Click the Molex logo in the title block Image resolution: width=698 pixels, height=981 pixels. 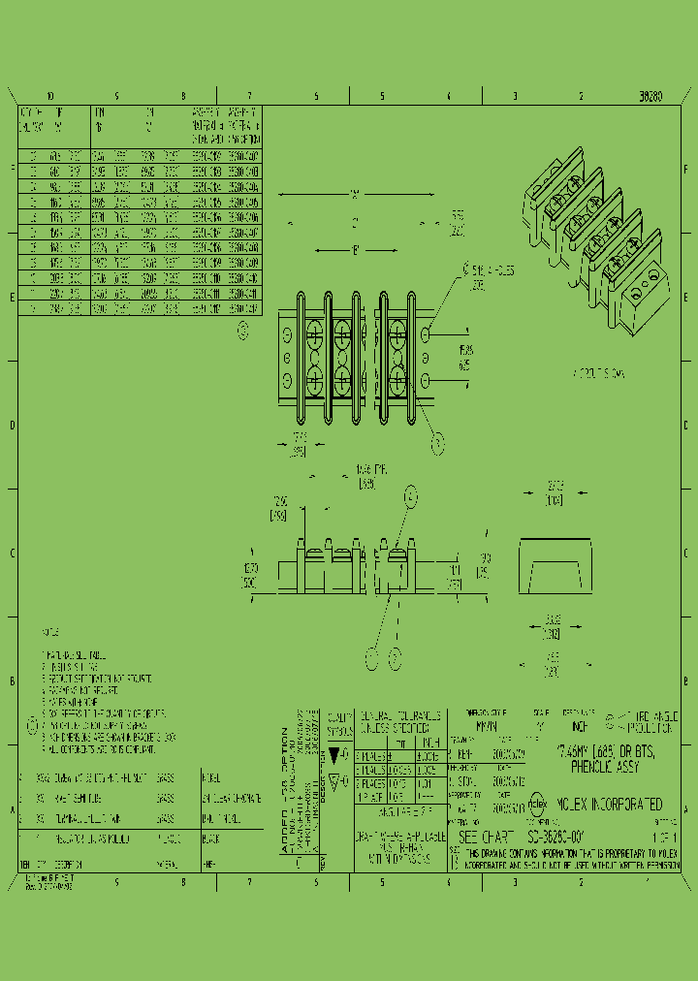(538, 804)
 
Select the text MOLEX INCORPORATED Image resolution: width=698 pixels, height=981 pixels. (609, 805)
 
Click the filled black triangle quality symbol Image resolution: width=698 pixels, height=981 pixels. (334, 754)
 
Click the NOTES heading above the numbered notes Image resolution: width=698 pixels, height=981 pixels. (50, 631)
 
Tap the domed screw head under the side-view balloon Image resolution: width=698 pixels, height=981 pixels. (397, 554)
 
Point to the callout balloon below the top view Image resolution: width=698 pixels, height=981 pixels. (437, 444)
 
